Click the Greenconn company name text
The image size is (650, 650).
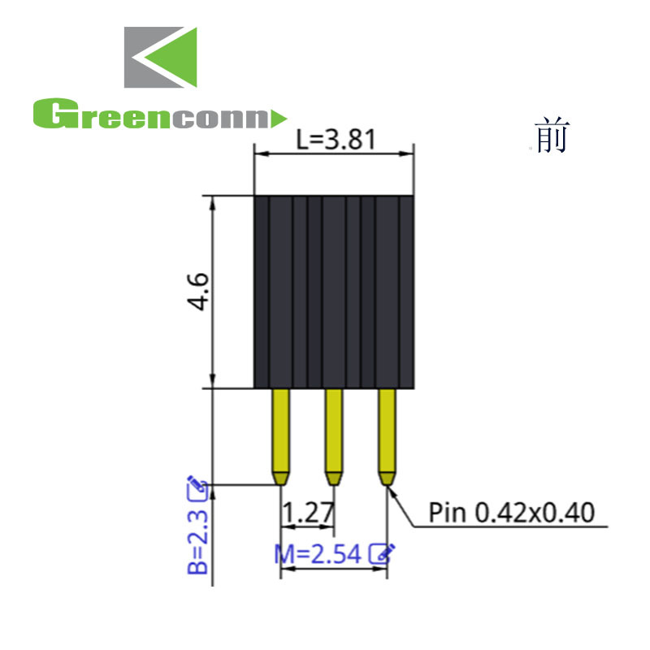coord(150,115)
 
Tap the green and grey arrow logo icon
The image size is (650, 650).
coord(160,58)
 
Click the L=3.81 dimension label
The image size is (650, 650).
coord(335,141)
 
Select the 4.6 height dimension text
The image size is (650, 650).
coord(197,292)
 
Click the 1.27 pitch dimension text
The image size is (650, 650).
coord(308,513)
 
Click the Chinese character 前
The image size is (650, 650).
coord(552,136)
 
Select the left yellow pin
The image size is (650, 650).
coord(280,431)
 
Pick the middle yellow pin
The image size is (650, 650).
coord(333,431)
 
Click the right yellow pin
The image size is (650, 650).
coord(387,431)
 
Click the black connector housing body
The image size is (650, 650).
coord(334,292)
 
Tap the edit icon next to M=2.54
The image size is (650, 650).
coord(382,553)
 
